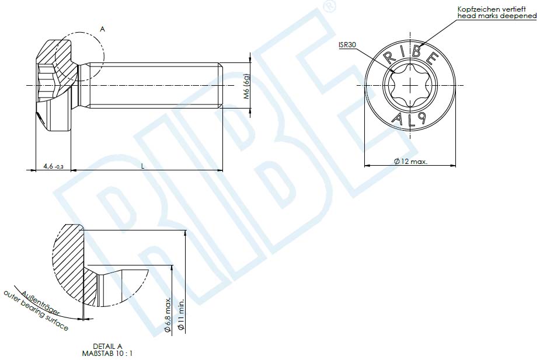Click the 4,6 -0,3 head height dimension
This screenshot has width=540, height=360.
point(53,167)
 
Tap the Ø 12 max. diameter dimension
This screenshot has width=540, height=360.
point(410,161)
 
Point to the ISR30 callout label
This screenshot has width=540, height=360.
point(347,44)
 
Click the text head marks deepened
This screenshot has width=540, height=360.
point(496,16)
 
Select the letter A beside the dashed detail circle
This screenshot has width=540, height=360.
point(102,28)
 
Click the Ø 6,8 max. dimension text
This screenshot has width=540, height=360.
point(168,315)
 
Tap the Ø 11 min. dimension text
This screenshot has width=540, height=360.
point(181,315)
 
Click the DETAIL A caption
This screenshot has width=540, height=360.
point(107,346)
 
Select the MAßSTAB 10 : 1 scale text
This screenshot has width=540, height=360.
point(107,353)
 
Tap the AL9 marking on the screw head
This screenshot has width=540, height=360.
point(410,120)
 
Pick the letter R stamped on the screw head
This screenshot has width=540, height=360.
point(388,57)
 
